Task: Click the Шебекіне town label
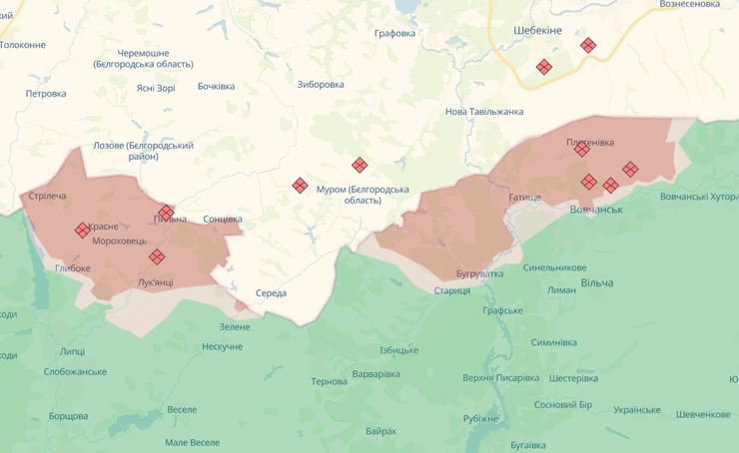tap(537, 30)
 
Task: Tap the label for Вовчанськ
tap(596, 210)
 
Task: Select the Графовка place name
tap(394, 33)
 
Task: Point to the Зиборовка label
tap(321, 84)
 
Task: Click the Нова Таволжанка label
tap(484, 112)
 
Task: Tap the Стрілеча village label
tap(48, 196)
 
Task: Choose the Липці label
tap(72, 351)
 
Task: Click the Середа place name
tap(271, 293)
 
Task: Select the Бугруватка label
tap(480, 273)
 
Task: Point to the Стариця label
tap(452, 290)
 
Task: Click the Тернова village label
tap(329, 382)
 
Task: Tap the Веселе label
tap(182, 410)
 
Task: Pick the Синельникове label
tap(554, 267)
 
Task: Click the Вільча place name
tap(596, 283)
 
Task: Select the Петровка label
tap(46, 94)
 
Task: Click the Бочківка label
tap(216, 86)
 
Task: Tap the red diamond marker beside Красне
tap(83, 230)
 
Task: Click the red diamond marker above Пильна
tap(167, 212)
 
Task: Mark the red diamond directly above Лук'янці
tap(157, 257)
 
